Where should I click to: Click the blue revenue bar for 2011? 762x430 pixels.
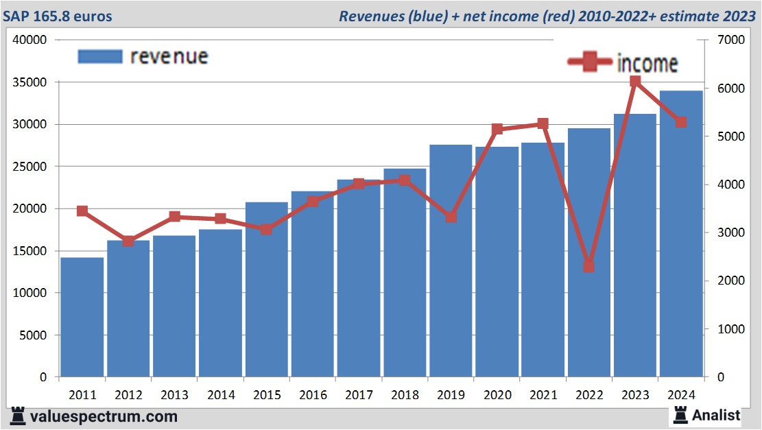pyautogui.click(x=82, y=317)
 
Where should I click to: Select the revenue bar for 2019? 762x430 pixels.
pyautogui.click(x=451, y=261)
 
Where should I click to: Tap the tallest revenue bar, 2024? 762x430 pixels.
pyautogui.click(x=681, y=233)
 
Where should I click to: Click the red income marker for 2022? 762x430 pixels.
pyautogui.click(x=588, y=266)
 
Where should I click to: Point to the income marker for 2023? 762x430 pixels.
pyautogui.click(x=635, y=82)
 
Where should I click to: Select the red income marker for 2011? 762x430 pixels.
pyautogui.click(x=82, y=211)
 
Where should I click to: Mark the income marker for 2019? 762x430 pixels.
pyautogui.click(x=451, y=217)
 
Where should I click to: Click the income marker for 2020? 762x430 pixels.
pyautogui.click(x=497, y=129)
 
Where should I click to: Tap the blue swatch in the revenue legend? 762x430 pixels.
pyautogui.click(x=100, y=56)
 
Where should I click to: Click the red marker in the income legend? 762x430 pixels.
pyautogui.click(x=590, y=63)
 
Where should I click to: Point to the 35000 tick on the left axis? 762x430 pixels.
pyautogui.click(x=30, y=82)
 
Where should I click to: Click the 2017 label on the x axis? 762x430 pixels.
pyautogui.click(x=358, y=395)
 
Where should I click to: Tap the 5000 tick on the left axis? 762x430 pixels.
pyautogui.click(x=33, y=335)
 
